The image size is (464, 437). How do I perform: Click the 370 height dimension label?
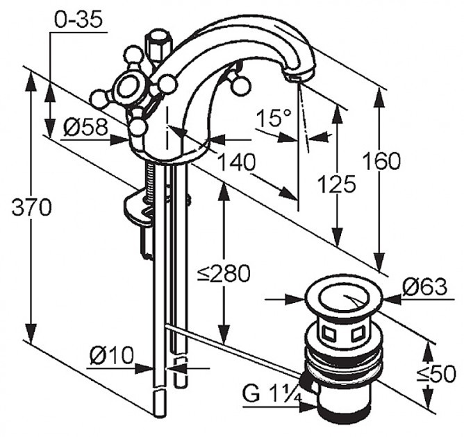coord(32,207)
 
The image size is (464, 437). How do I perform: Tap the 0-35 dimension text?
coord(78,20)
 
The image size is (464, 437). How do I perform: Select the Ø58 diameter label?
coord(86,128)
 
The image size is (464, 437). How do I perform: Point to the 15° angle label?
coord(274,118)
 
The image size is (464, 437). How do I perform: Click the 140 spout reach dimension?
coord(236,162)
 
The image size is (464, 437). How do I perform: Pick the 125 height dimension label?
coord(336,184)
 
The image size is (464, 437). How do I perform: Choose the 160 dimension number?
coord(382,161)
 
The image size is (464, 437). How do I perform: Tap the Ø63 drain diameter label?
coord(425,286)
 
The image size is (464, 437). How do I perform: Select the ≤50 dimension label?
coord(436,374)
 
